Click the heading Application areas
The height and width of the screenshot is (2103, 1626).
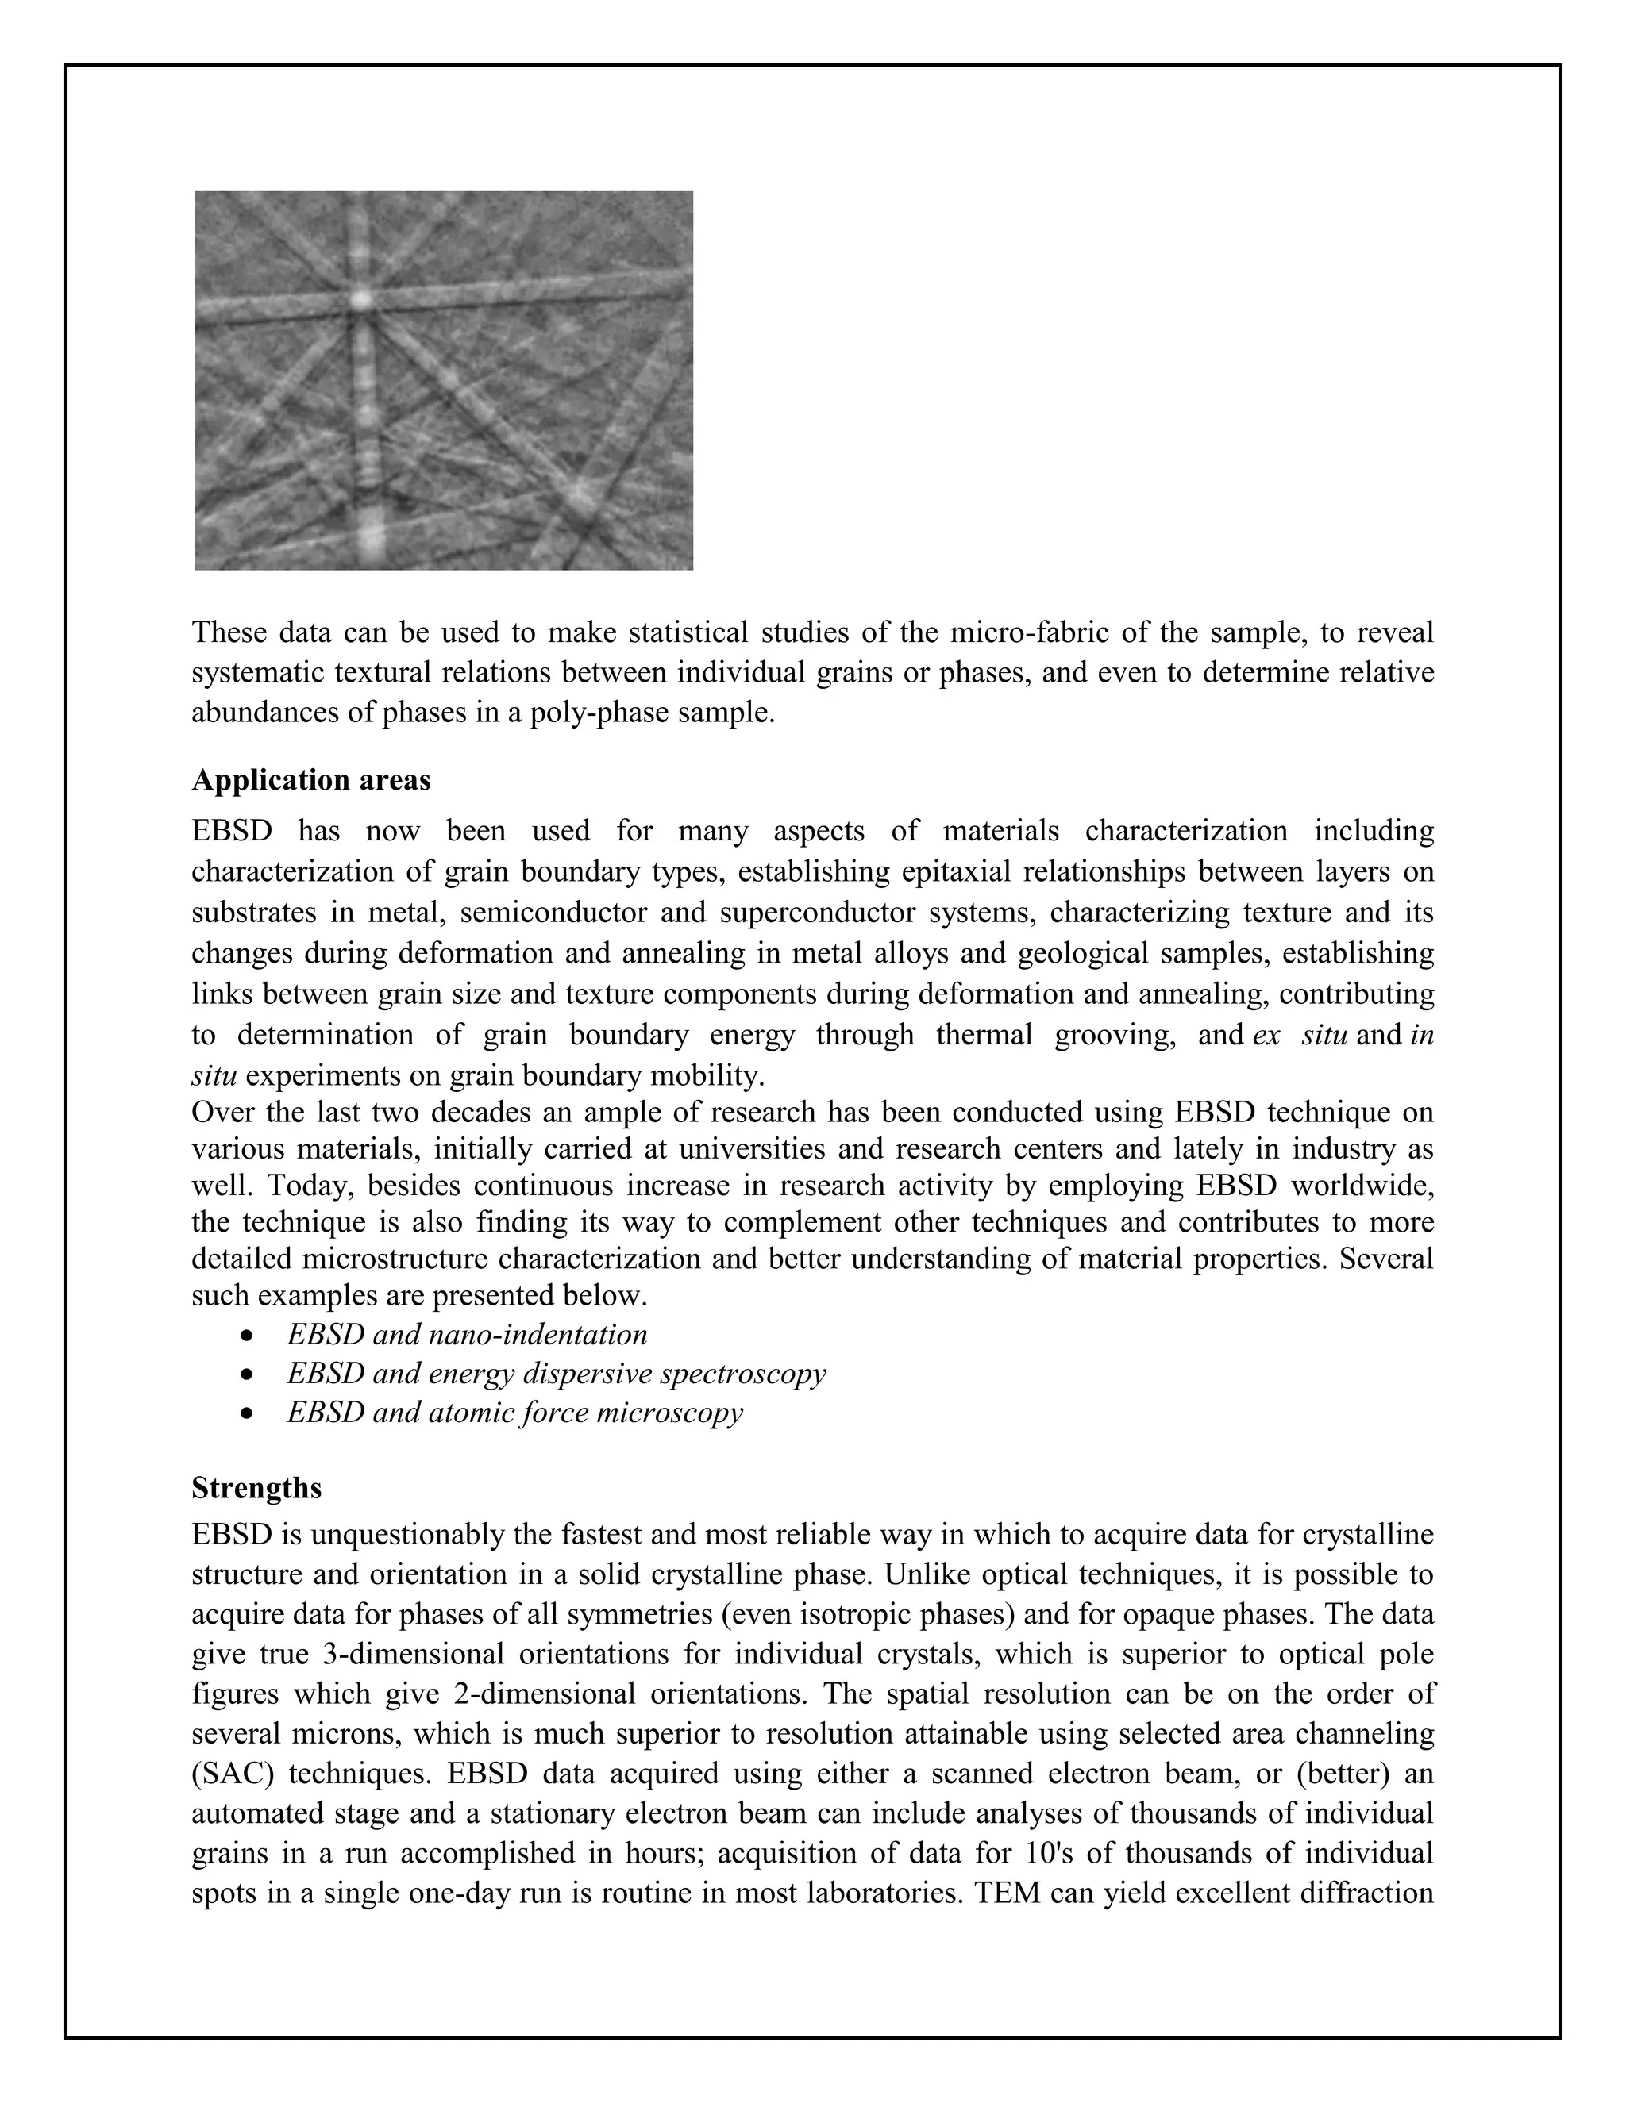(x=310, y=779)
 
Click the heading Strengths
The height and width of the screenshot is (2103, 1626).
(x=256, y=1488)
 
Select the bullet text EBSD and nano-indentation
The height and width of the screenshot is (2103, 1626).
(x=466, y=1335)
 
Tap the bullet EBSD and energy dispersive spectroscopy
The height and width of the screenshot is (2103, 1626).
(x=556, y=1373)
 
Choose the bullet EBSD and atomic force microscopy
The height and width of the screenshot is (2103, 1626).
(x=514, y=1413)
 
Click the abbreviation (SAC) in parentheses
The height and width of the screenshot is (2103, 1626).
(x=231, y=1774)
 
